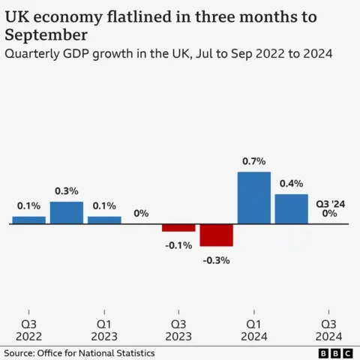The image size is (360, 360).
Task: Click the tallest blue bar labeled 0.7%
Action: pyautogui.click(x=253, y=197)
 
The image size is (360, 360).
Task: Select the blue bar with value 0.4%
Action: pyautogui.click(x=291, y=208)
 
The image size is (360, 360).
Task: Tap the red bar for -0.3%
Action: pyautogui.click(x=216, y=235)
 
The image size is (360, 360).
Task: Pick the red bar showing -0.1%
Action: pyautogui.click(x=178, y=227)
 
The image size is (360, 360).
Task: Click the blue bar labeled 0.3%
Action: pyautogui.click(x=67, y=212)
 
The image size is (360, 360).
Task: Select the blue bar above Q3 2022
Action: pyautogui.click(x=29, y=220)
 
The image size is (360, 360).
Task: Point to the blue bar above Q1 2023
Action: pyautogui.click(x=104, y=220)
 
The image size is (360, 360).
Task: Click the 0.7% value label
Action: pyautogui.click(x=253, y=161)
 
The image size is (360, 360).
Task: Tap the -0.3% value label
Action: pyautogui.click(x=217, y=260)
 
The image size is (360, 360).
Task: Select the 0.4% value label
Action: pyautogui.click(x=291, y=183)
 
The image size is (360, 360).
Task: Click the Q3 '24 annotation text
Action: pyautogui.click(x=329, y=202)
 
